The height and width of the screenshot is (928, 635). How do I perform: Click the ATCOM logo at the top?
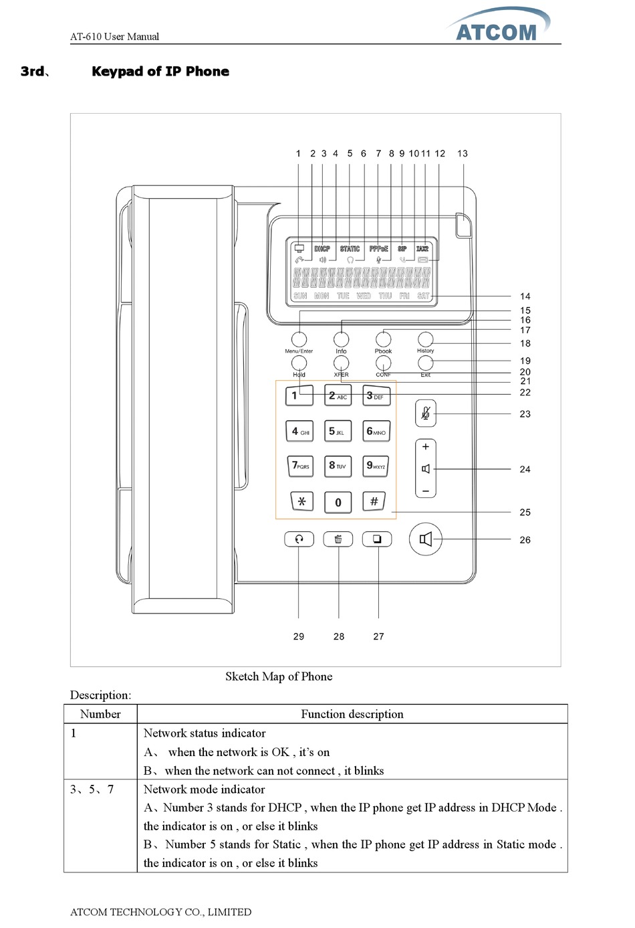click(498, 27)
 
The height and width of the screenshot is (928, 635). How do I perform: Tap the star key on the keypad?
click(302, 501)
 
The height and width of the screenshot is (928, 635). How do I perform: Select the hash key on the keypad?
click(374, 501)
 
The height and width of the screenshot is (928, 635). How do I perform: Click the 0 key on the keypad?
click(338, 502)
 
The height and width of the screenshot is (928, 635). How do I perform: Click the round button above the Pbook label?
click(383, 339)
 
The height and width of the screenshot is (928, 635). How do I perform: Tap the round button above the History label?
click(425, 339)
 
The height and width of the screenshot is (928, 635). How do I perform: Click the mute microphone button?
click(425, 413)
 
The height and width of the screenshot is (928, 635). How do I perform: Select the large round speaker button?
click(425, 539)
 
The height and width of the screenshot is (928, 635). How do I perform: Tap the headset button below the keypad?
click(299, 539)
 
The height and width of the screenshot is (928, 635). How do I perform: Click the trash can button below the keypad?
click(338, 539)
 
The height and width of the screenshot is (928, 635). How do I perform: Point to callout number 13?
click(463, 153)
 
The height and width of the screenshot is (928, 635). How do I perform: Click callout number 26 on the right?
click(525, 540)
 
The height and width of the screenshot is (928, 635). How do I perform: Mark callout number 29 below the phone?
click(299, 636)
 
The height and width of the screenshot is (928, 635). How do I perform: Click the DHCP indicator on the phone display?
click(322, 249)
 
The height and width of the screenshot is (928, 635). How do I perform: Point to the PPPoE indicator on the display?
click(378, 249)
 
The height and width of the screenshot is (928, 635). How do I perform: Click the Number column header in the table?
click(100, 714)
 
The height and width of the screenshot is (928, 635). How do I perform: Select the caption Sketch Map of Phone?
click(279, 676)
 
